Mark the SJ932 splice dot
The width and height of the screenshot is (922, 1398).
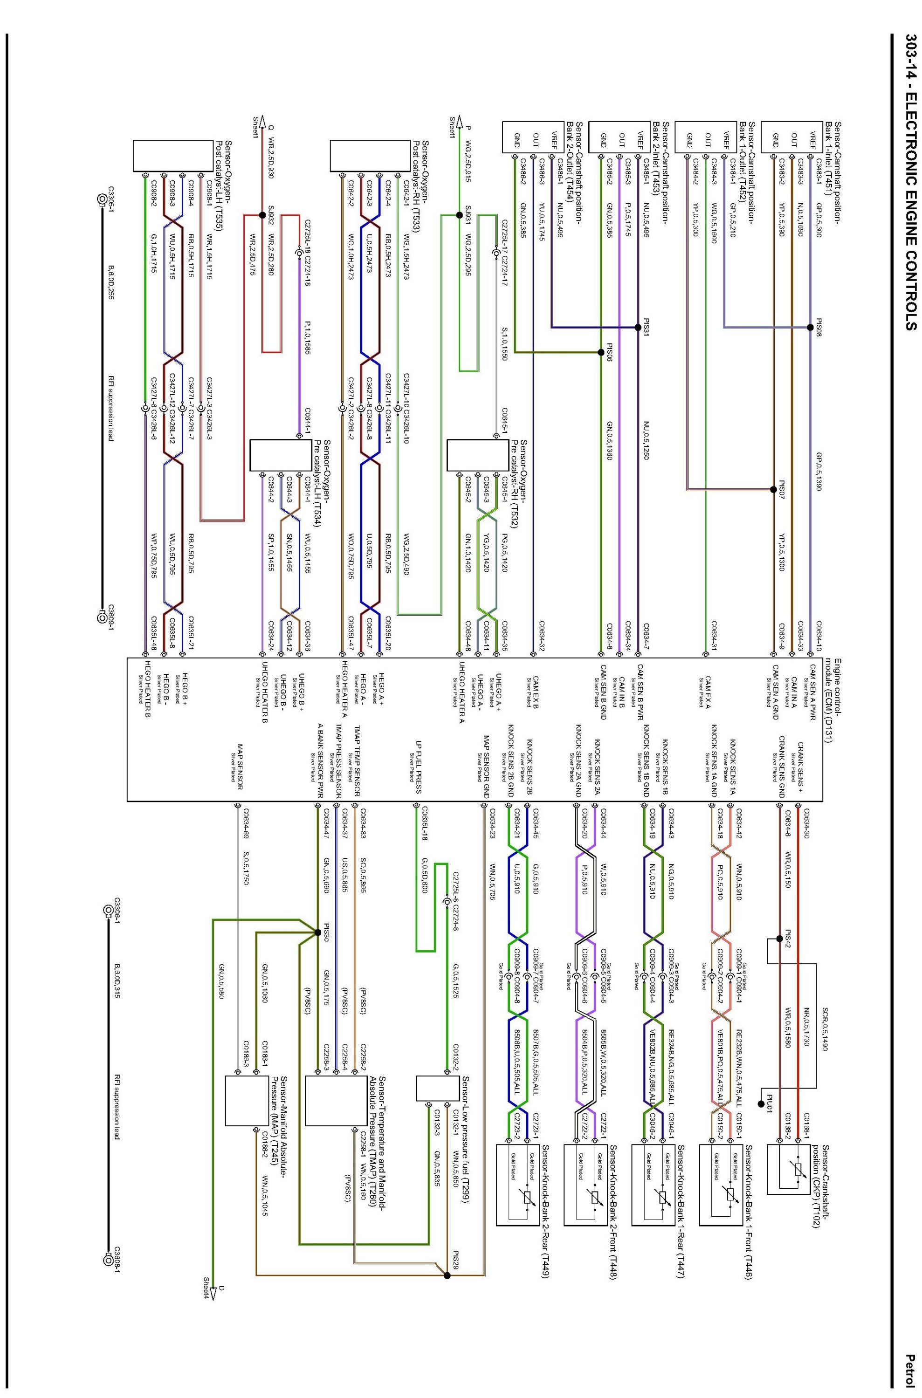click(x=262, y=198)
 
